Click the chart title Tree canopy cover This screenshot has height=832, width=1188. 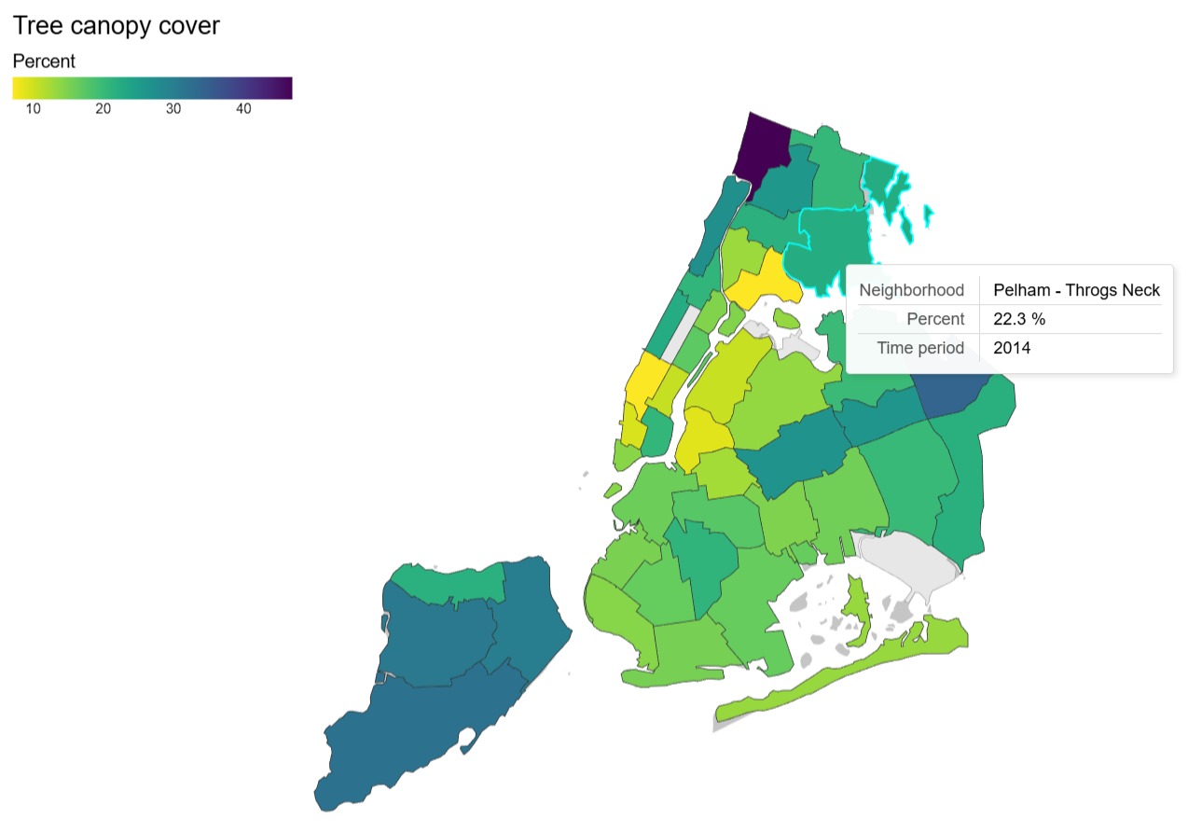[x=117, y=26]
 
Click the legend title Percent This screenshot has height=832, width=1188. [x=44, y=62]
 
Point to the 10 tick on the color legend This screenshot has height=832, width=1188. [x=33, y=109]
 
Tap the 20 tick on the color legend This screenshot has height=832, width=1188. [x=103, y=109]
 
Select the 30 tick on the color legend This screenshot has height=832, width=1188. [x=173, y=109]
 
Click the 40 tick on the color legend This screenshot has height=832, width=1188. [x=242, y=109]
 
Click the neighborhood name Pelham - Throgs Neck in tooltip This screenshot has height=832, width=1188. [x=1076, y=290]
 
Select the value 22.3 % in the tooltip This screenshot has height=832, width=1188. [x=1018, y=319]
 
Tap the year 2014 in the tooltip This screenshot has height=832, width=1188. [x=1012, y=348]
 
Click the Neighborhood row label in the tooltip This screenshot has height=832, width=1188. [x=911, y=290]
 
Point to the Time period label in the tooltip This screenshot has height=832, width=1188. [x=920, y=348]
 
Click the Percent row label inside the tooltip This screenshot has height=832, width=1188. [x=935, y=319]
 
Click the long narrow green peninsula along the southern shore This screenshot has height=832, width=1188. [x=839, y=676]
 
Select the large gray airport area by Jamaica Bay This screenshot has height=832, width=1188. [x=909, y=560]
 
